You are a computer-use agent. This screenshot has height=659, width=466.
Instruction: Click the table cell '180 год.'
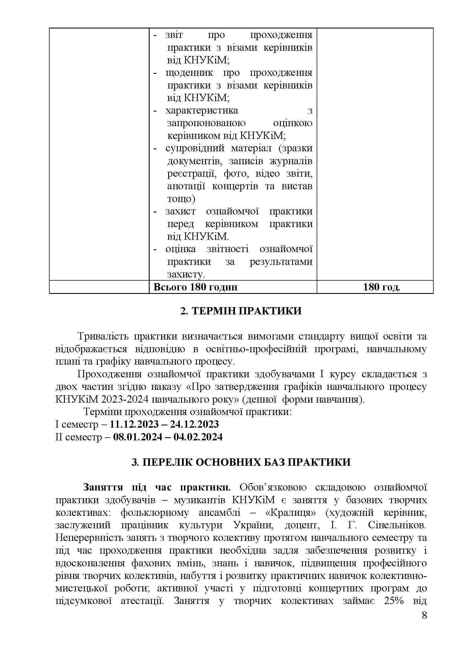click(x=381, y=287)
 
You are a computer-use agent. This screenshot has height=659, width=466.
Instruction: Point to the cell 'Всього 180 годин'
click(x=196, y=287)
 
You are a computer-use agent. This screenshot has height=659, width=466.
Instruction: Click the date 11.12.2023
click(x=134, y=424)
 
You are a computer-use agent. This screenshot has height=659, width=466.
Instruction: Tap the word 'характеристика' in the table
click(x=202, y=110)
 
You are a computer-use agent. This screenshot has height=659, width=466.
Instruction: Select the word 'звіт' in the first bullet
click(x=174, y=35)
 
